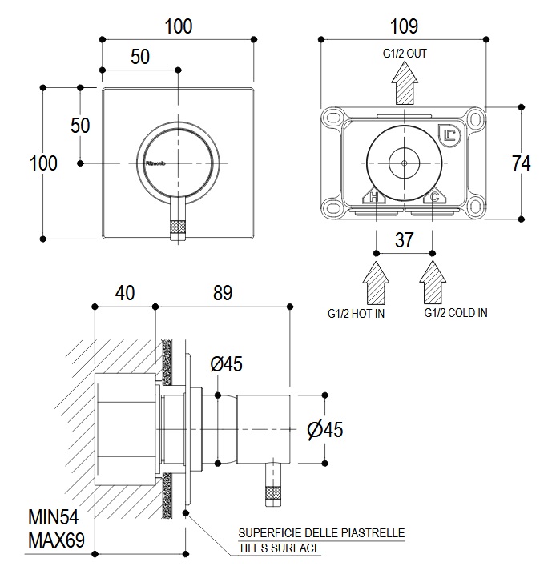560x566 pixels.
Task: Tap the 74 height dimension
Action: (521, 163)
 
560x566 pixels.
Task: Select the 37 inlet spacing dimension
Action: (405, 239)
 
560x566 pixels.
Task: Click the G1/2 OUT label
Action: (405, 54)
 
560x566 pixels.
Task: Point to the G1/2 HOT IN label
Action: (356, 313)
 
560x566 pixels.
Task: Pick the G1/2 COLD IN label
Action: (455, 313)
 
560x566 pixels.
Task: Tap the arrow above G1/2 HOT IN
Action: (376, 279)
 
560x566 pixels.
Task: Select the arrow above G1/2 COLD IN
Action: (433, 279)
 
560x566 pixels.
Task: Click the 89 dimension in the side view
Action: (223, 293)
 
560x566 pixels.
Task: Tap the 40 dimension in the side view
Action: (124, 293)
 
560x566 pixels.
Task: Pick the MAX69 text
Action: (56, 539)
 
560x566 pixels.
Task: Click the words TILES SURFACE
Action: (279, 548)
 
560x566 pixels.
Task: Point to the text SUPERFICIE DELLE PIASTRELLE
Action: (321, 533)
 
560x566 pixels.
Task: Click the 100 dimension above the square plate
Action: (178, 26)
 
